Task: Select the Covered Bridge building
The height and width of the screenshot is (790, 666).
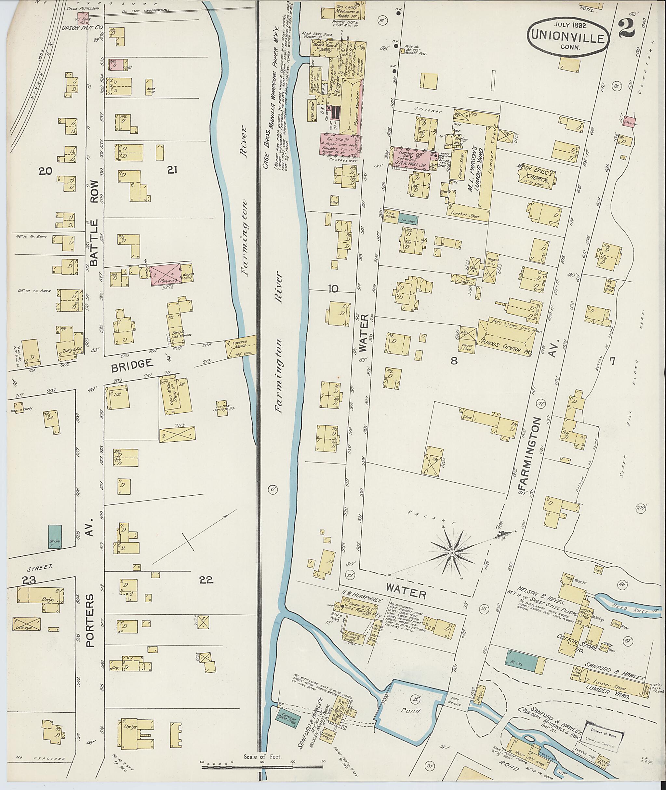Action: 240,347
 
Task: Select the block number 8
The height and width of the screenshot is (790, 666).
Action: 454,361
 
